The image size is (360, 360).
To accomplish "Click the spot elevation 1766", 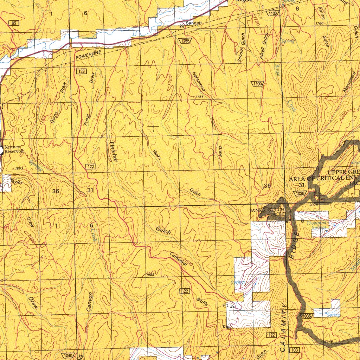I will pyautogui.click(x=199, y=97).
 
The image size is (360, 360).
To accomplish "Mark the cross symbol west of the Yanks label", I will pyautogui.click(x=154, y=126).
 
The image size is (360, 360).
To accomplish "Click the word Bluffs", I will pyautogui.click(x=202, y=302).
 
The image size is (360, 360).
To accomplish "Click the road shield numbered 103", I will pyautogui.click(x=294, y=351).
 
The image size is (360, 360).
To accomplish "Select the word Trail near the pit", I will pyautogui.click(x=226, y=327).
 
